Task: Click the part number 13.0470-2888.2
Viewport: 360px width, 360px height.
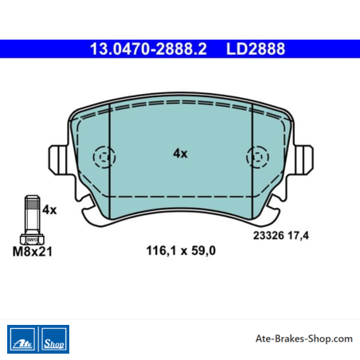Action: [x=148, y=49]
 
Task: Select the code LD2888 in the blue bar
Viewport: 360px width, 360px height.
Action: [x=256, y=49]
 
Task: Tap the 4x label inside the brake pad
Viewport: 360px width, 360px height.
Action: [x=180, y=154]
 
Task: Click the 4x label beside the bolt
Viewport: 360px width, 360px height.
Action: [x=49, y=209]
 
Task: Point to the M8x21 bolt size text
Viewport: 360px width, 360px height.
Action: [x=33, y=252]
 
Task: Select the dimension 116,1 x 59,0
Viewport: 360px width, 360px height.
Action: [x=181, y=251]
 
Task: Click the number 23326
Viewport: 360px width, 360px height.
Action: [x=268, y=236]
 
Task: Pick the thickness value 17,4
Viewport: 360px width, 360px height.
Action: [x=299, y=236]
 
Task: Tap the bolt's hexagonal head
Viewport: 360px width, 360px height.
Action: [x=33, y=240]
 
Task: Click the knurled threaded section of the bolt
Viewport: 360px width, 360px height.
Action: [x=33, y=204]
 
